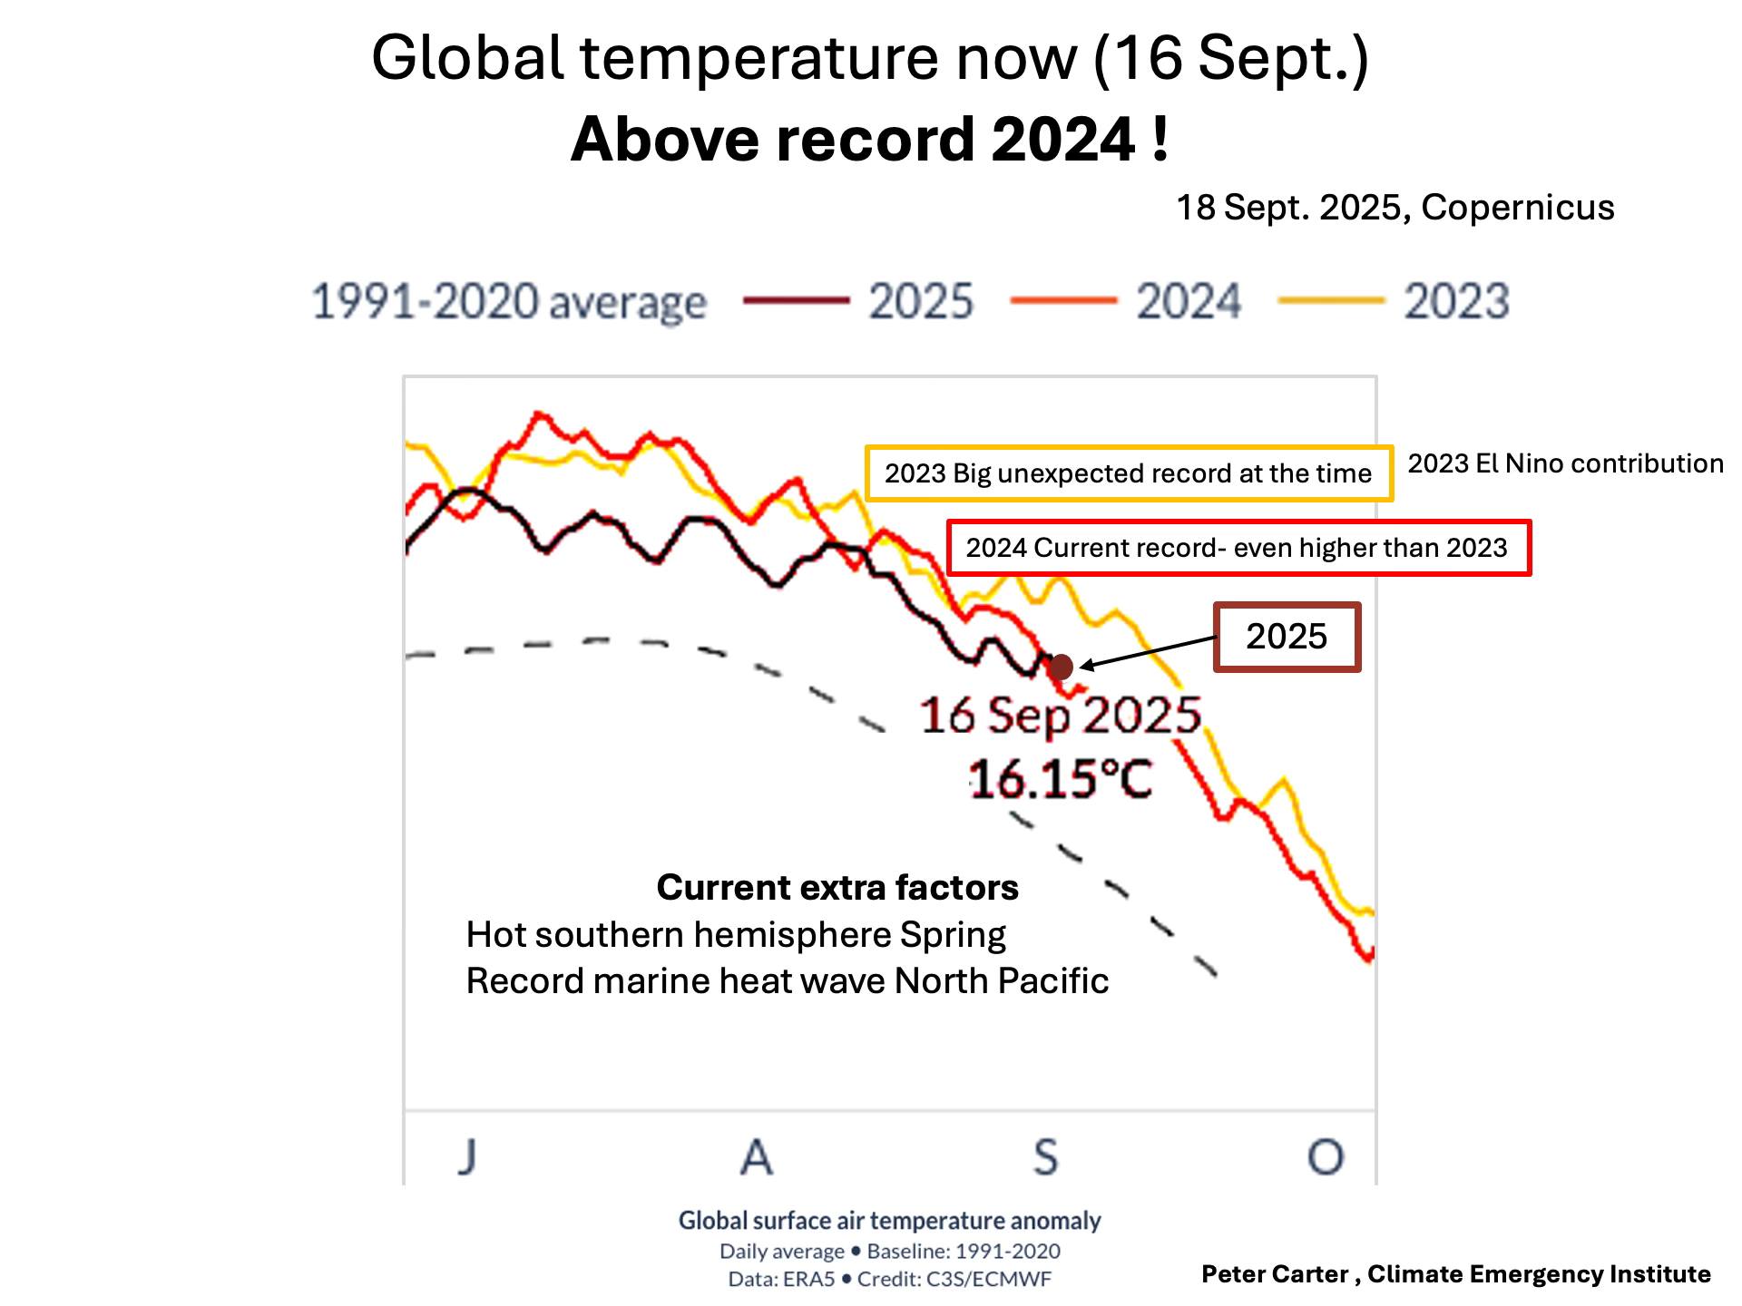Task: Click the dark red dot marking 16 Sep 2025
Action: click(1060, 668)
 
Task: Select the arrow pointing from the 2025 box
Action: click(1148, 653)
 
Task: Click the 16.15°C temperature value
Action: click(1061, 779)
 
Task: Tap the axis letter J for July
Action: click(467, 1156)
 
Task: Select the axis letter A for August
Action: click(757, 1156)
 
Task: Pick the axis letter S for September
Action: click(1046, 1156)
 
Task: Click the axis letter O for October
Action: click(1326, 1156)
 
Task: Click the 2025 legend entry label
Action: click(920, 301)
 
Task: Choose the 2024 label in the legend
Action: click(1189, 301)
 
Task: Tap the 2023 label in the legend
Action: click(1456, 301)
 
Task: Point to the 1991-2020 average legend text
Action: click(509, 302)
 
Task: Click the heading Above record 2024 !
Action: click(870, 140)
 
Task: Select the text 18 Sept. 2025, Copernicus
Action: click(1395, 208)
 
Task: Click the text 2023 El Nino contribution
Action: click(1565, 463)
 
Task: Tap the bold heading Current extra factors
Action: click(837, 887)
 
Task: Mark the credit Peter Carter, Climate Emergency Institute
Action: click(1456, 1274)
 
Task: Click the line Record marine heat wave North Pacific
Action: click(787, 981)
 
